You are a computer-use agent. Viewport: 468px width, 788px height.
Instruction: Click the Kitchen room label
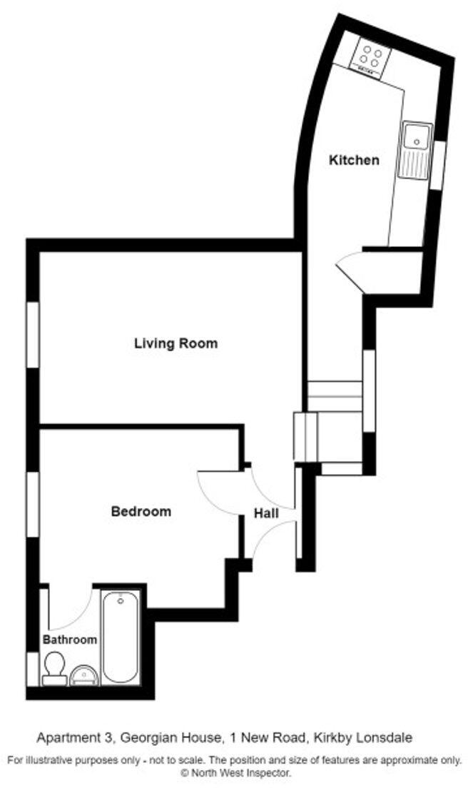353,160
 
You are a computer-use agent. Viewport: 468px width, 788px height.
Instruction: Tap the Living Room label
175,343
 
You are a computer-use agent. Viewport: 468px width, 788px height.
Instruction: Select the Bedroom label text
141,511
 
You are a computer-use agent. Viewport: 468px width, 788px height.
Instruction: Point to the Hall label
267,513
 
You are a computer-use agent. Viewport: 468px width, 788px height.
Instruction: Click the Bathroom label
69,640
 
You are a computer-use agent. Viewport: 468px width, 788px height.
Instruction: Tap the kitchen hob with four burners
370,56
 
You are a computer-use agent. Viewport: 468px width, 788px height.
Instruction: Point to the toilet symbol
54,670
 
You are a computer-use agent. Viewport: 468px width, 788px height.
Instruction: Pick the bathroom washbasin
85,675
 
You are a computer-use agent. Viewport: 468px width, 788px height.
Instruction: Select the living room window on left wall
33,335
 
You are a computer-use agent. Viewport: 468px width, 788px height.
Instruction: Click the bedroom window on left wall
33,502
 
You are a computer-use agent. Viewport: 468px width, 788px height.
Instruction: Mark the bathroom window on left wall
31,668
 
